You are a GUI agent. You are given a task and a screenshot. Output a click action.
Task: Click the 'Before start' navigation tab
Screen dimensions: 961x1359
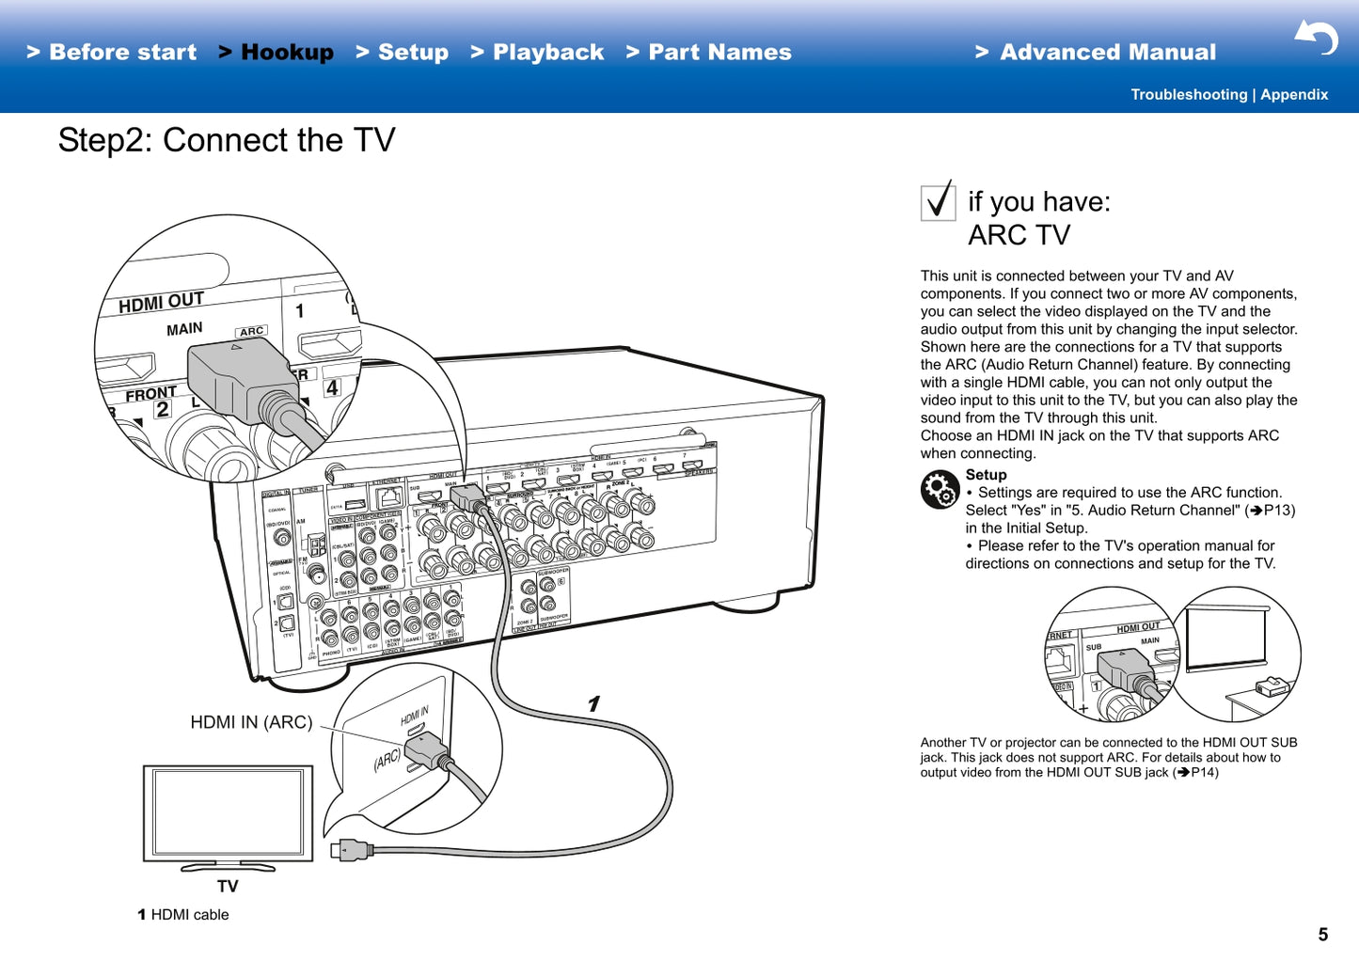click(112, 53)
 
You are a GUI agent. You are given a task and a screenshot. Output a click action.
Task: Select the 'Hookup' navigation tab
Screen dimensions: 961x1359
click(277, 53)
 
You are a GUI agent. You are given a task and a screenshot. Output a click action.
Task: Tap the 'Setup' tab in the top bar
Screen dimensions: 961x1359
click(403, 53)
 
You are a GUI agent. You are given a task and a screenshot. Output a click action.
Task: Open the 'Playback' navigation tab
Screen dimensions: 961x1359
click(538, 53)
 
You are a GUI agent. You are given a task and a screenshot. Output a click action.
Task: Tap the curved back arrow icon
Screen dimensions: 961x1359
click(1317, 38)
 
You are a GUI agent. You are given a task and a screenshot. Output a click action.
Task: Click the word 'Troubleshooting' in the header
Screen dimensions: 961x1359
click(1189, 95)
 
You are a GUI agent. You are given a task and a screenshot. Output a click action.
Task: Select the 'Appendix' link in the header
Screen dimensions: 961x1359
click(1294, 95)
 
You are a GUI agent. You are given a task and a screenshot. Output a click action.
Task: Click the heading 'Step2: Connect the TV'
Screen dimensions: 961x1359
click(227, 141)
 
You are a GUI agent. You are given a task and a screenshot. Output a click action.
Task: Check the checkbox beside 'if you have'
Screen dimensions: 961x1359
click(938, 202)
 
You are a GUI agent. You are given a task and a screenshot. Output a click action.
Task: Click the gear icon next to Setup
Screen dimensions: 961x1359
click(940, 489)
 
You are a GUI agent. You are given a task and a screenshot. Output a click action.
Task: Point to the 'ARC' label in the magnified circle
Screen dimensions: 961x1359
click(251, 331)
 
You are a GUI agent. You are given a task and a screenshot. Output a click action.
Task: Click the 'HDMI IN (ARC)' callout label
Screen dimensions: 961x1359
click(251, 722)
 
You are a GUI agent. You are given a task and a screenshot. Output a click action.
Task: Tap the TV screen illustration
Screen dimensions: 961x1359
click(228, 812)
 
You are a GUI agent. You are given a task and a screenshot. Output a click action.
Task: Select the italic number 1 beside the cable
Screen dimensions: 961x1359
click(593, 703)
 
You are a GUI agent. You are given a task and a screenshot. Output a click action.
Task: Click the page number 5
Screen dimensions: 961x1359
click(1322, 934)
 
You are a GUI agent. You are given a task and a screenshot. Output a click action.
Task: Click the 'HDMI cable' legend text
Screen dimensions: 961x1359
click(189, 915)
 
